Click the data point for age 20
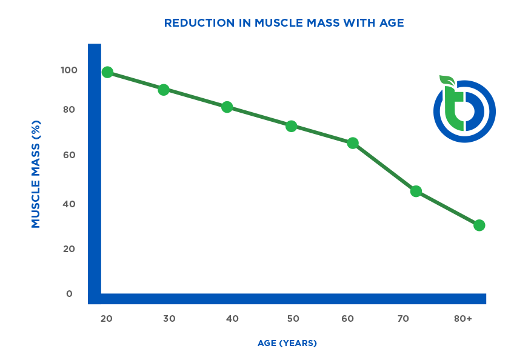pyautogui.click(x=107, y=72)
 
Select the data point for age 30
pyautogui.click(x=164, y=90)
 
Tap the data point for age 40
pyautogui.click(x=227, y=107)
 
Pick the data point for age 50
pyautogui.click(x=291, y=126)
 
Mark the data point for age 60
pyautogui.click(x=353, y=143)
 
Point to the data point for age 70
pyautogui.click(x=416, y=191)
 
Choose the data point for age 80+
pyautogui.click(x=479, y=225)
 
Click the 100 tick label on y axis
pyautogui.click(x=69, y=70)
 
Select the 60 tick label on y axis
pyautogui.click(x=69, y=155)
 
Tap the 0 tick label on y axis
pyautogui.click(x=69, y=294)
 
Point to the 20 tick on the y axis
pyautogui.click(x=69, y=248)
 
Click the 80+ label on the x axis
pyautogui.click(x=463, y=319)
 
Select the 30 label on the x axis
pyautogui.click(x=169, y=319)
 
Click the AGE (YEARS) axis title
pyautogui.click(x=287, y=343)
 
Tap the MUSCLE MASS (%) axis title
pyautogui.click(x=36, y=174)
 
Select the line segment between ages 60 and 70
pyautogui.click(x=384, y=167)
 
